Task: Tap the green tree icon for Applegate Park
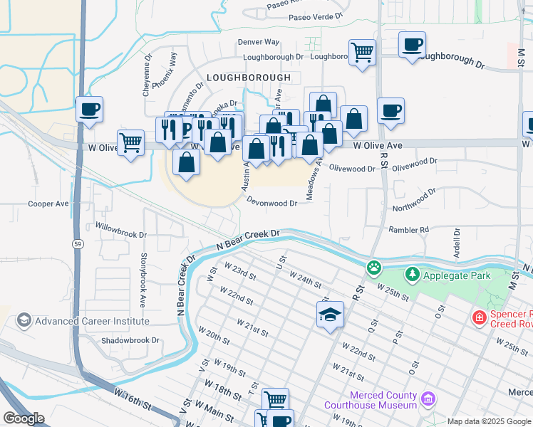(x=412, y=274)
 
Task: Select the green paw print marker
(x=373, y=268)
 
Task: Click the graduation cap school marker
(x=331, y=314)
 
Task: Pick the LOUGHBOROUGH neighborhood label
(x=249, y=78)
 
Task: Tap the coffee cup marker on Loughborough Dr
(x=412, y=45)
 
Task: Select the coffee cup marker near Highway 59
(x=90, y=110)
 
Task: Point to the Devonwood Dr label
(x=272, y=203)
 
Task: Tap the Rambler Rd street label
(x=409, y=230)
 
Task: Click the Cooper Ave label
(x=48, y=204)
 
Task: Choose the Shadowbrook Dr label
(x=130, y=340)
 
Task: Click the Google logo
(x=24, y=418)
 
